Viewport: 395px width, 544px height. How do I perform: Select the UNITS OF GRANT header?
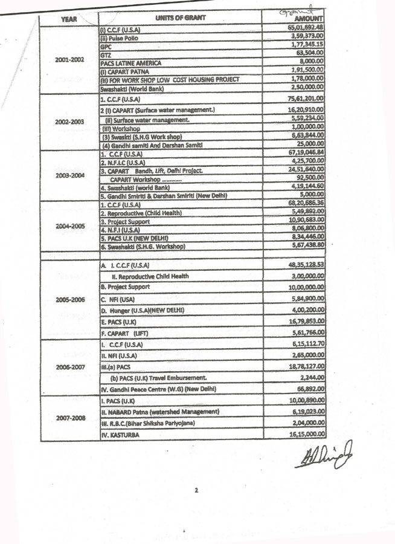click(x=180, y=18)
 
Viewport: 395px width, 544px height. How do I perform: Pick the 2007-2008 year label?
click(x=69, y=417)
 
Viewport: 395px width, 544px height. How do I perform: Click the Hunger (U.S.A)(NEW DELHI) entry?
click(x=143, y=310)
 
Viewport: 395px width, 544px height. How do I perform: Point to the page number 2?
click(x=196, y=490)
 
